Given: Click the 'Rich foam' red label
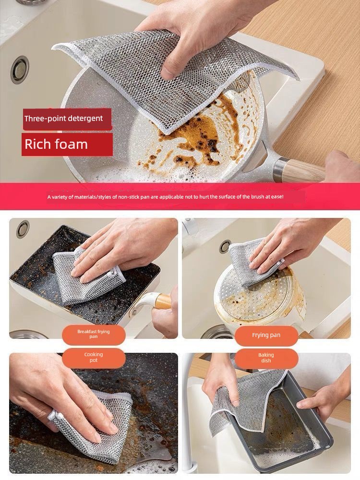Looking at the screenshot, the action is (x=67, y=144).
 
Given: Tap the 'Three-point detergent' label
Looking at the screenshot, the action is (x=67, y=119).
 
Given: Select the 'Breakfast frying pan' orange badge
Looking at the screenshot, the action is (x=94, y=334).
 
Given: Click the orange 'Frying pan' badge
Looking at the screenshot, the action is (x=266, y=335).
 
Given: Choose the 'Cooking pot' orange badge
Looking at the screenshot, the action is (x=94, y=358).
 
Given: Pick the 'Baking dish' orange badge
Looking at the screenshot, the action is (x=266, y=358).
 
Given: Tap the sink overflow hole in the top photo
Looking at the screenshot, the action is (x=20, y=70).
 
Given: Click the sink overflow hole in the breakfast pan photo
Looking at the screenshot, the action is (x=23, y=229).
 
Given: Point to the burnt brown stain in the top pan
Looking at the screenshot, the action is (x=196, y=135).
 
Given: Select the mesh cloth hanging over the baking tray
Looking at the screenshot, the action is (x=245, y=401).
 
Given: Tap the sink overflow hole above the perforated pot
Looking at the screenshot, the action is (x=225, y=246).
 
